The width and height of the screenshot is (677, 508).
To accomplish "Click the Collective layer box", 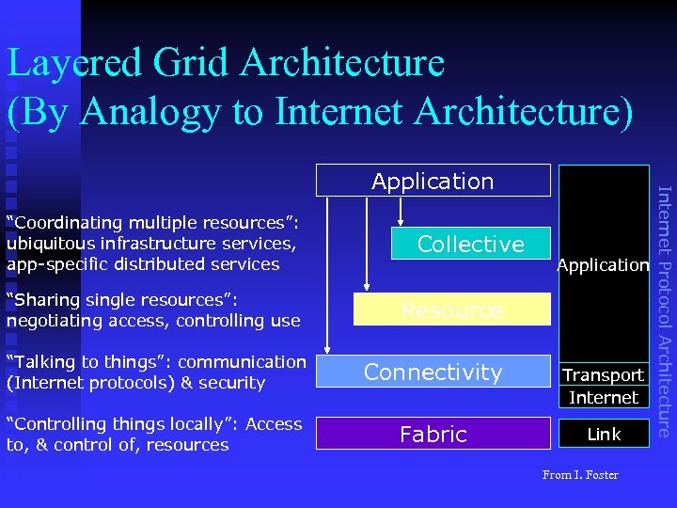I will (470, 244).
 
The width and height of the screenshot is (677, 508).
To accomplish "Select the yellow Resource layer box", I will (451, 310).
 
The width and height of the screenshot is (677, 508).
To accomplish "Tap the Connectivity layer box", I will (433, 372).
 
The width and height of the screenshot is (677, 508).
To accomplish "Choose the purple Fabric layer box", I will (433, 434).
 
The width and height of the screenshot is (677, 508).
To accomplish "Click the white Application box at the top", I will (433, 181).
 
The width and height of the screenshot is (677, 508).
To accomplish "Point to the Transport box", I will (603, 374).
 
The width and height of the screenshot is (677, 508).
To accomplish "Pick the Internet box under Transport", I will (603, 397).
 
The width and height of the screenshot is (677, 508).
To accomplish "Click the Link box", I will (603, 434).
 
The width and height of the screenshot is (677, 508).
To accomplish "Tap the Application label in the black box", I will (603, 265).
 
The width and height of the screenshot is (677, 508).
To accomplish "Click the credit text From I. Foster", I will (580, 475).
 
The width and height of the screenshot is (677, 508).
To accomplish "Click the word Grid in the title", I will (194, 63).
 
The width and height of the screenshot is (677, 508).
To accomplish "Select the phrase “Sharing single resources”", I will (121, 300).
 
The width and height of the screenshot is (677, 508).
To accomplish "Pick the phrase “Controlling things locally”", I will (121, 424).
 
